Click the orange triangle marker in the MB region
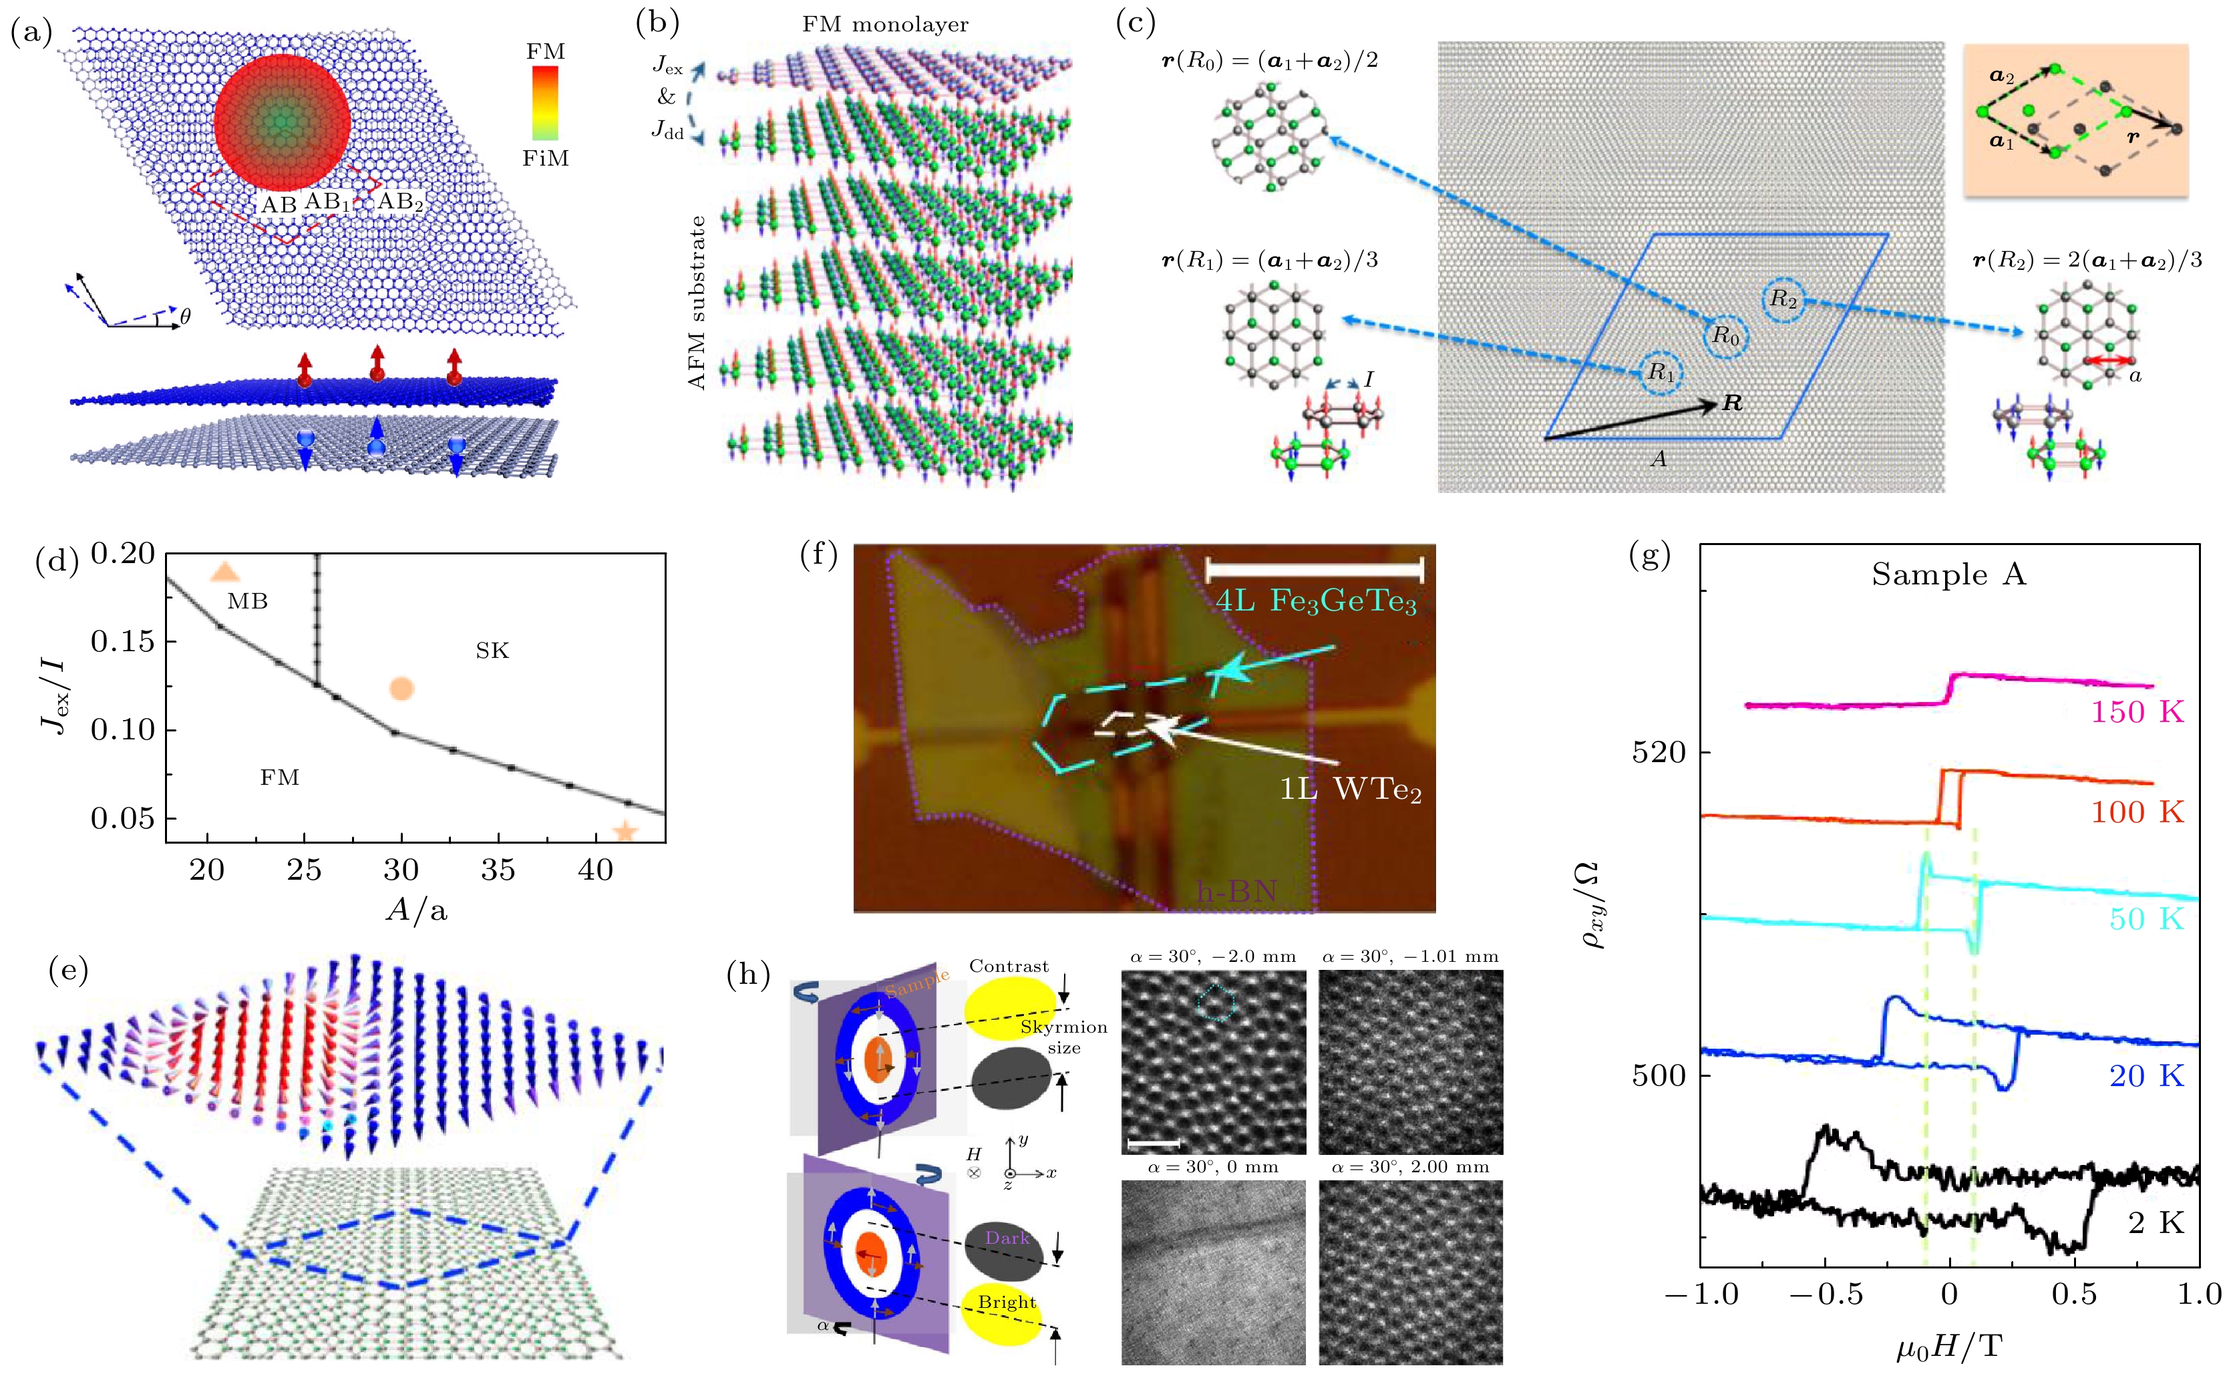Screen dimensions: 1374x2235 [224, 572]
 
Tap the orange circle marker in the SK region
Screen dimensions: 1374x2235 [401, 689]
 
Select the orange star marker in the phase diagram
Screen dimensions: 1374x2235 [624, 830]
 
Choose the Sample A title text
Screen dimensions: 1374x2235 [1948, 574]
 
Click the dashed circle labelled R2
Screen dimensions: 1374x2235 [1783, 299]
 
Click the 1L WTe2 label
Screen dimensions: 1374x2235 [1350, 789]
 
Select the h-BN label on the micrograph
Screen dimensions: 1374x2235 [1236, 890]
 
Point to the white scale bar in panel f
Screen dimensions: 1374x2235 [1314, 570]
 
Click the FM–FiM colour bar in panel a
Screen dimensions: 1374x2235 [544, 104]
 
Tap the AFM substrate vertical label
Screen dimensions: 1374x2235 [697, 303]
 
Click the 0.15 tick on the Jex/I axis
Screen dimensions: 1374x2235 [123, 641]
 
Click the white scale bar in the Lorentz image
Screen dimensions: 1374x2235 [1154, 1142]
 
